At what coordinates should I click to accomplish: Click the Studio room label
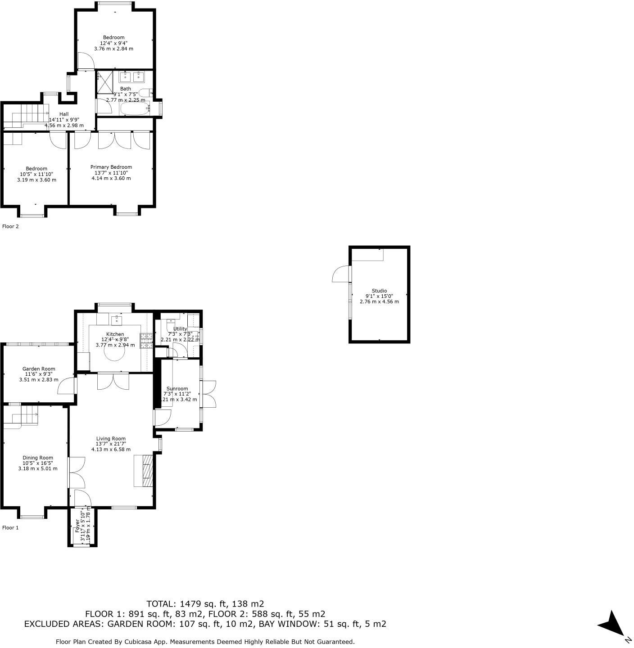[379, 291]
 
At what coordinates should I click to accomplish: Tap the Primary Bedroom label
[111, 167]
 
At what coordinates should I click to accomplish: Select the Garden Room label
[39, 369]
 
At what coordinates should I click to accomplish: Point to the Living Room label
[111, 439]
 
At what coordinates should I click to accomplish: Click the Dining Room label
[38, 458]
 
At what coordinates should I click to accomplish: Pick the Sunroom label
[177, 389]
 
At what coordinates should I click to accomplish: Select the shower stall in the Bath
[104, 82]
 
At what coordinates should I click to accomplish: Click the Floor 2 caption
[10, 226]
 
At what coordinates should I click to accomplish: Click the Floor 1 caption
[10, 527]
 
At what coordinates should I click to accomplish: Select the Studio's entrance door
[341, 274]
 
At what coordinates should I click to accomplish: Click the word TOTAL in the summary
[161, 604]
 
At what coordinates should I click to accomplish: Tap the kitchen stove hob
[146, 341]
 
